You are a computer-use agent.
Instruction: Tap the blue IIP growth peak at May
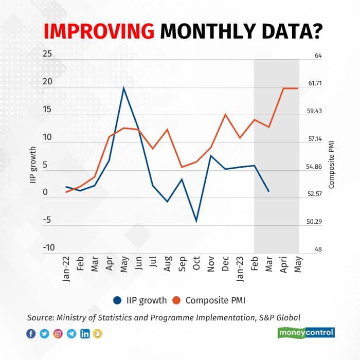(123, 88)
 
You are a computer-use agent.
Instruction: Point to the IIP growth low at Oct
(196, 221)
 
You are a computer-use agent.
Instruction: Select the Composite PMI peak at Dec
(225, 114)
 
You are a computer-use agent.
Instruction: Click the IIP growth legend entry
(139, 300)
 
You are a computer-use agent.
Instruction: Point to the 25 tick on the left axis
(48, 55)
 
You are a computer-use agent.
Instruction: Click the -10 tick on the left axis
(48, 247)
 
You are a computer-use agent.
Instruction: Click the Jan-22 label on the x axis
(66, 268)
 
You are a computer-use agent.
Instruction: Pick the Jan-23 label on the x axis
(240, 268)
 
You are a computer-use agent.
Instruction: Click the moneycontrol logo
(307, 333)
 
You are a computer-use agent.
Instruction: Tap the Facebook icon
(30, 334)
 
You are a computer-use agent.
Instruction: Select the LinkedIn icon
(84, 334)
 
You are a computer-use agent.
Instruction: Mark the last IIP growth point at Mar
(268, 191)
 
